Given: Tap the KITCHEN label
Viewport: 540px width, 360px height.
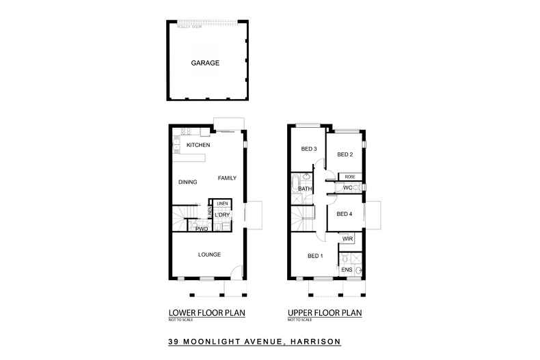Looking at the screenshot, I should tap(198, 146).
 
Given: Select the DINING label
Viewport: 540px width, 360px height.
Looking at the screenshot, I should tap(188, 182).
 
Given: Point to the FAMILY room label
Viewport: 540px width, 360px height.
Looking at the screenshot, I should tap(227, 178).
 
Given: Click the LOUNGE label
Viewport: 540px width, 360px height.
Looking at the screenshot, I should tap(208, 254).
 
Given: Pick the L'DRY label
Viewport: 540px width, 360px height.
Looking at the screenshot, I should tap(221, 215).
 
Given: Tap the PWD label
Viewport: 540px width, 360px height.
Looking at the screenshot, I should tap(202, 229).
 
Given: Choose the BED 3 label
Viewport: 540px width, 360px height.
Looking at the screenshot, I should tap(310, 149).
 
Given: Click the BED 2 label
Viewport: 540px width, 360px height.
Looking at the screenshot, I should tap(345, 154).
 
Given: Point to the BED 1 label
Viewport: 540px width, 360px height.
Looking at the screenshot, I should tap(315, 256).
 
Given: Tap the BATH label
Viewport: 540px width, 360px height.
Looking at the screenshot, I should tap(305, 189).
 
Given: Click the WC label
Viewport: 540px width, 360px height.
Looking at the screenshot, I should tap(347, 187).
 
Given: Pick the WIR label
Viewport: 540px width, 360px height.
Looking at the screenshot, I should tap(347, 238).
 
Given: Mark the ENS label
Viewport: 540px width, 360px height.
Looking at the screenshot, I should tap(347, 270).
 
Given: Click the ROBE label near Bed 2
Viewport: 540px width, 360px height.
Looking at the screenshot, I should tap(349, 176).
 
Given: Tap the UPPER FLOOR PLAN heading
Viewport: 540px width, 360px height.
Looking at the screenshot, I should tap(325, 312).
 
